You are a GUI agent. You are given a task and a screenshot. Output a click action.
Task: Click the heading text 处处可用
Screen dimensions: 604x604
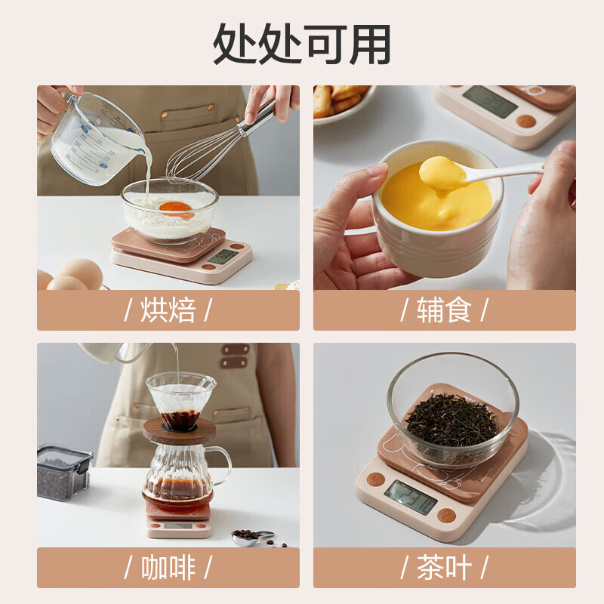pyautogui.click(x=302, y=43)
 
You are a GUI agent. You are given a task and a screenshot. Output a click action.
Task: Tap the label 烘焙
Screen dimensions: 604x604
pyautogui.click(x=168, y=310)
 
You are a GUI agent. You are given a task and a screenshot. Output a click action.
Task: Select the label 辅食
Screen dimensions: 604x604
pyautogui.click(x=444, y=310)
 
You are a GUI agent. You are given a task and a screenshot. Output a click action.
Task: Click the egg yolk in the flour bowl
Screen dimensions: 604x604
pyautogui.click(x=176, y=208)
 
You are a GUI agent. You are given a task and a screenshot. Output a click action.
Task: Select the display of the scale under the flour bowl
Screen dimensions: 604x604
pyautogui.click(x=223, y=256)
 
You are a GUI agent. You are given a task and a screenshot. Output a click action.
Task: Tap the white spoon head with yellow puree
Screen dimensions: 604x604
pyautogui.click(x=443, y=173)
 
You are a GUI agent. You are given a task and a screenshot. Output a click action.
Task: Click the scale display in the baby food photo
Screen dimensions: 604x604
pyautogui.click(x=490, y=100)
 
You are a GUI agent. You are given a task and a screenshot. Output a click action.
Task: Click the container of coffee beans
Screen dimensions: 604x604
pyautogui.click(x=63, y=472)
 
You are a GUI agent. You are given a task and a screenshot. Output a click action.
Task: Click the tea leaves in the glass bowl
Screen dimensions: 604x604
pyautogui.click(x=453, y=420)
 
